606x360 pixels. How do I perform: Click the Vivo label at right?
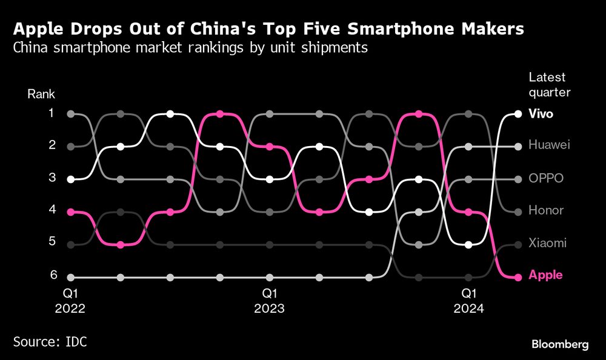(x=541, y=113)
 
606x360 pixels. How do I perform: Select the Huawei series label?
(x=549, y=145)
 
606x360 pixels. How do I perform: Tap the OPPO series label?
(x=546, y=178)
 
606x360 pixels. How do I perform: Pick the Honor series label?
(x=546, y=210)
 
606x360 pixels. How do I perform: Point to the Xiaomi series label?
(x=547, y=243)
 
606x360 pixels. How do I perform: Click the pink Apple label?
(x=545, y=275)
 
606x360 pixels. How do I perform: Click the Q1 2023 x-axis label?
(x=270, y=301)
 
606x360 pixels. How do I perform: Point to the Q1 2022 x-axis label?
(x=71, y=301)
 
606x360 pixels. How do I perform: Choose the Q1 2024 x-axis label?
(x=468, y=301)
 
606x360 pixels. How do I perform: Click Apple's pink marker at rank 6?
(x=518, y=278)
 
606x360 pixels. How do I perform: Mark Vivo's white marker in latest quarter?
(x=518, y=113)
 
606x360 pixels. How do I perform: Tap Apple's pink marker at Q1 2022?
(x=71, y=212)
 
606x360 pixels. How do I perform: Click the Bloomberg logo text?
(x=560, y=344)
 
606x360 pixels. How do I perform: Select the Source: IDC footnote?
(x=50, y=342)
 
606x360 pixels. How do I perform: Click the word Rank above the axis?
(x=41, y=94)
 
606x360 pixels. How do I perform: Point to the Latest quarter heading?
(x=549, y=85)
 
